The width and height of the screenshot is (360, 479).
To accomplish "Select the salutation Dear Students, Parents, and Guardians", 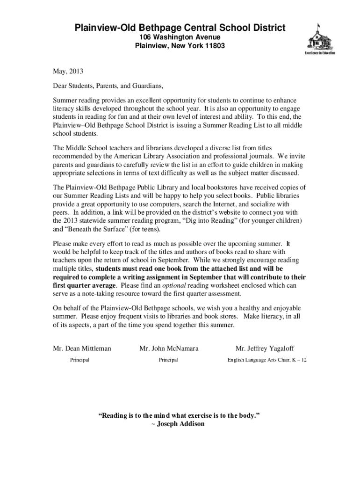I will (108, 87).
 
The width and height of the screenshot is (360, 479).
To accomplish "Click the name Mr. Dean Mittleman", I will (82, 348).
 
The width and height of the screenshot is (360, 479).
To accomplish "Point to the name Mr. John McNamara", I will (169, 348).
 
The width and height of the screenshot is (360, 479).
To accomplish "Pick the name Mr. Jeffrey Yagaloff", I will (265, 348).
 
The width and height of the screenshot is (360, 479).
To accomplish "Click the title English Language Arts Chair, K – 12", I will (267, 360).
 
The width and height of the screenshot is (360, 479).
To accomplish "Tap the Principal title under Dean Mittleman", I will (79, 360).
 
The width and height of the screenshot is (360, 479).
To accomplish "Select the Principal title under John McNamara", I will (168, 360).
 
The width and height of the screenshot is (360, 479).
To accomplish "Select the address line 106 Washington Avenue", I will (180, 37).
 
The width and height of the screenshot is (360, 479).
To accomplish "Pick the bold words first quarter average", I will (84, 285).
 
